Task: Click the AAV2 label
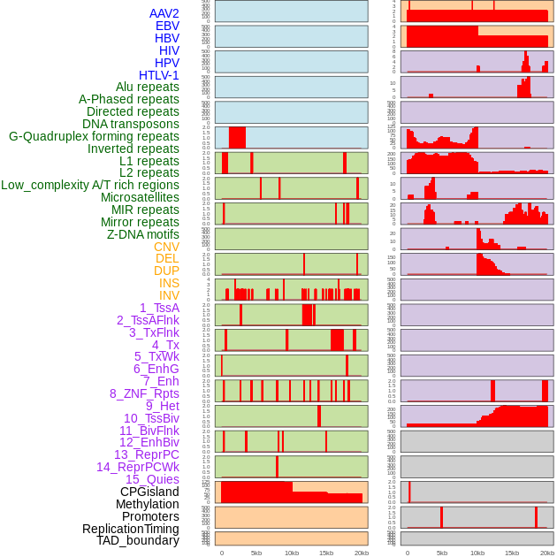point(164,14)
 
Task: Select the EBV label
point(167,27)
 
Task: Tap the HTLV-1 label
point(158,75)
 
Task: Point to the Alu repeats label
point(148,88)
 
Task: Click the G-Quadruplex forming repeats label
point(94,136)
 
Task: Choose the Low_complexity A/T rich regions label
point(90,185)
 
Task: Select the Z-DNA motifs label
point(142,234)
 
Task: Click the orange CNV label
point(166,247)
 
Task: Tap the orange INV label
point(169,295)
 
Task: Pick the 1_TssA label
point(159,308)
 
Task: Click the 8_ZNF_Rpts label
point(144,393)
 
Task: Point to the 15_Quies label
point(152,479)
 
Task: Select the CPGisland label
point(149,492)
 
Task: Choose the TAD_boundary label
point(138,540)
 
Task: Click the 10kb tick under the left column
point(291,553)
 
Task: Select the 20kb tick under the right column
point(547,553)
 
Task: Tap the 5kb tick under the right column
point(442,553)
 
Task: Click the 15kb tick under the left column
point(325,553)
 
